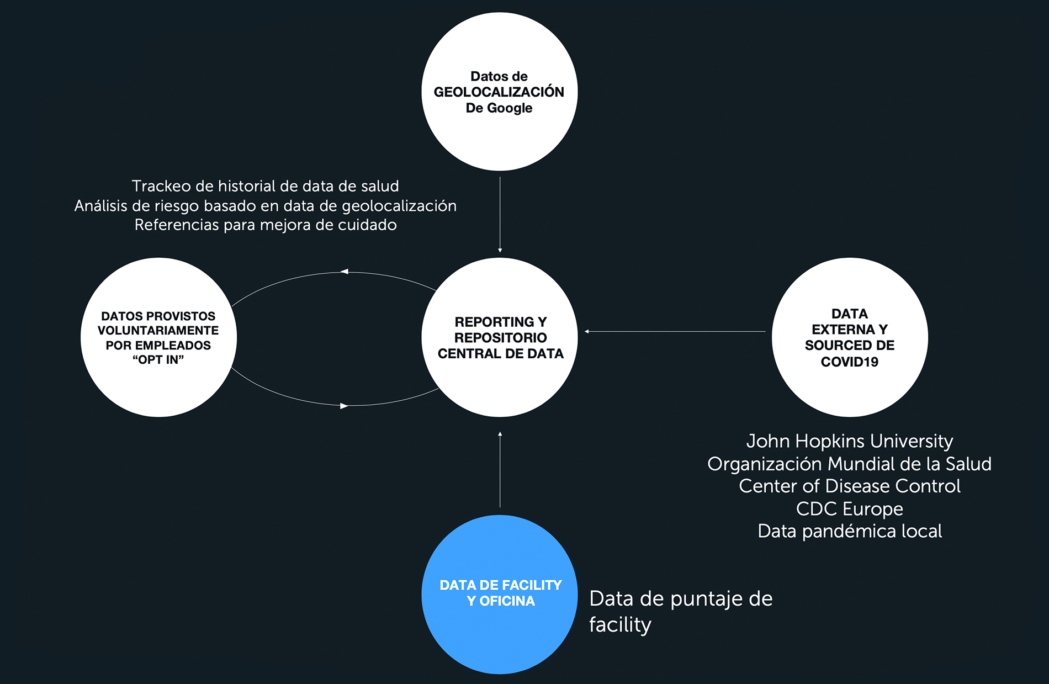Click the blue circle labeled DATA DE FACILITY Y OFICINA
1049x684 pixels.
pyautogui.click(x=500, y=595)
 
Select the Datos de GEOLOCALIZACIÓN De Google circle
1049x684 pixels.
pyautogui.click(x=500, y=92)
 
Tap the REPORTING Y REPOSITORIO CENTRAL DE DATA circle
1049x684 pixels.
pyautogui.click(x=500, y=337)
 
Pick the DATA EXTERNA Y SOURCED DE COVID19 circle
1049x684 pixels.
pyautogui.click(x=850, y=337)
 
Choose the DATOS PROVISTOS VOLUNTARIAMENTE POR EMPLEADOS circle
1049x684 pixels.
pyautogui.click(x=159, y=337)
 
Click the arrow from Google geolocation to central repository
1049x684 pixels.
pyautogui.click(x=500, y=215)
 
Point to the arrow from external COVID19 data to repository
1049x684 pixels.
pyautogui.click(x=675, y=331)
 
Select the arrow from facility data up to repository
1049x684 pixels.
pyautogui.click(x=500, y=469)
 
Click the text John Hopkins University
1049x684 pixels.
pyautogui.click(x=850, y=441)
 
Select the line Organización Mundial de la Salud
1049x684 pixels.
pyautogui.click(x=850, y=464)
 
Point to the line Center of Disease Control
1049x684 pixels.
pyautogui.click(x=850, y=486)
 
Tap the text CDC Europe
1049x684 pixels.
pyautogui.click(x=850, y=508)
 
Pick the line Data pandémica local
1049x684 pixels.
pyautogui.click(x=850, y=531)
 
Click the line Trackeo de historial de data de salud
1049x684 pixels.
pyautogui.click(x=265, y=186)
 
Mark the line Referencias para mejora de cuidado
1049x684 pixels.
pyautogui.click(x=266, y=225)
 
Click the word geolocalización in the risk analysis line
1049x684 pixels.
pyautogui.click(x=399, y=206)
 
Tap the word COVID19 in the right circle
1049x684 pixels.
pyautogui.click(x=850, y=362)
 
